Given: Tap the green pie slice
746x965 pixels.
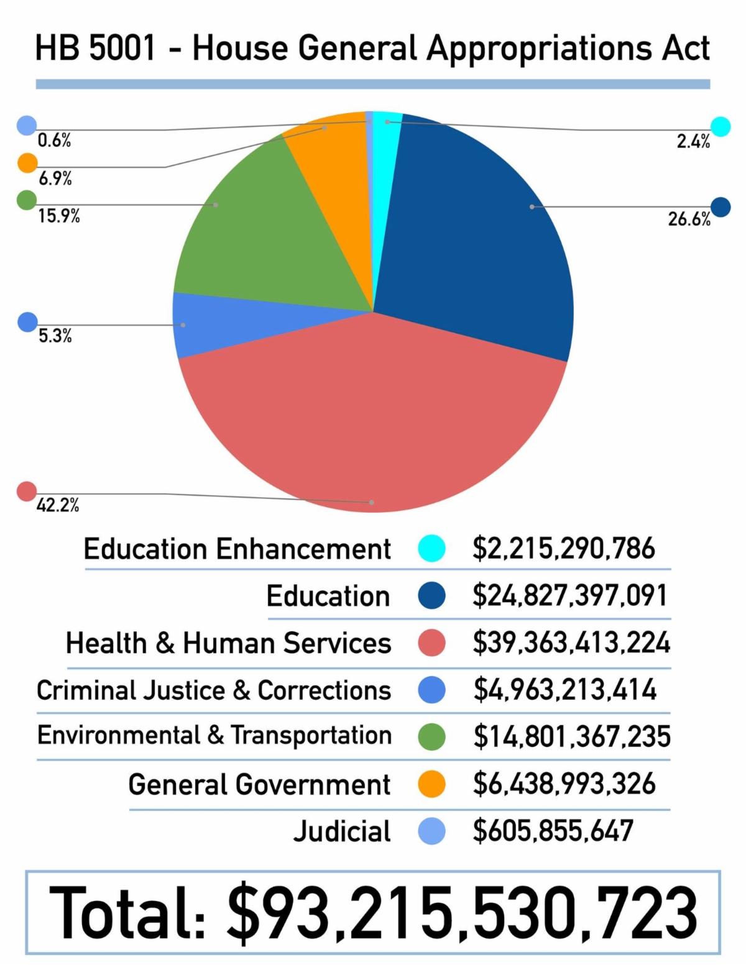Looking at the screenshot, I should tap(261, 236).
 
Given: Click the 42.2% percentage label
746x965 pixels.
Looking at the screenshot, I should tap(58, 505).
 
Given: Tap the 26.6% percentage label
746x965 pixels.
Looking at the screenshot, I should tap(689, 219).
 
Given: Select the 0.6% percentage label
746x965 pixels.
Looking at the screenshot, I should tap(54, 141).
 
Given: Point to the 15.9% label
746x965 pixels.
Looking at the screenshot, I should tap(58, 216).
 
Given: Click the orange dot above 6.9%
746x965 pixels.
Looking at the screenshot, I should tap(27, 163).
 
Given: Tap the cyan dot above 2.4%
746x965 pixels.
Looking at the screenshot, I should tap(721, 126).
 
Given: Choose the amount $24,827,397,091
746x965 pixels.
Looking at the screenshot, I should tap(569, 595).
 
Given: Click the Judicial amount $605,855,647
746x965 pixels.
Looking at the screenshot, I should tap(553, 831).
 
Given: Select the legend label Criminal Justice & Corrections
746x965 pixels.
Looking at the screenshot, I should tap(214, 690).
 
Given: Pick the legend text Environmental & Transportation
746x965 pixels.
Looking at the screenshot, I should tap(214, 736).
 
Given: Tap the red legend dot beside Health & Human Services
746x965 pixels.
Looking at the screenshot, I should tap(431, 643).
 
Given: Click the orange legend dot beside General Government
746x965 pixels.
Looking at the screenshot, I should tap(431, 784).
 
